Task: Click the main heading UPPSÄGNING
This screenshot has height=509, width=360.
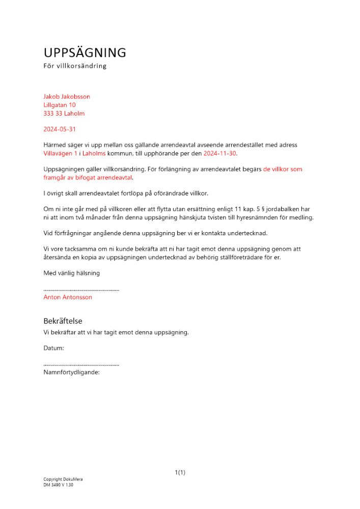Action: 85,53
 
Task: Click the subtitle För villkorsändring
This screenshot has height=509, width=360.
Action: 75,66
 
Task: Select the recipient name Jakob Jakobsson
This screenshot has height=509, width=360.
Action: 67,97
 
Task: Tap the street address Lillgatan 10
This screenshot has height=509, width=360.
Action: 60,105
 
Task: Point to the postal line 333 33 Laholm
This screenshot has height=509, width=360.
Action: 64,114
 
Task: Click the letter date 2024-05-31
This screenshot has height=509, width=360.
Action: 60,129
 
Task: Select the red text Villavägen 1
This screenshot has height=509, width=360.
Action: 61,153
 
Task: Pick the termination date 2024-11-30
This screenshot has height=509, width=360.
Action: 220,153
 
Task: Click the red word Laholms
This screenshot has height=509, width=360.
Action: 94,153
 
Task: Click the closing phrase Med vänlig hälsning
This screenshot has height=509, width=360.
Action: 72,273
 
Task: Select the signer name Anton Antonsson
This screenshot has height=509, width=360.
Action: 68,297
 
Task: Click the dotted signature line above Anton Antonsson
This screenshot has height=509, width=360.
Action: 81,290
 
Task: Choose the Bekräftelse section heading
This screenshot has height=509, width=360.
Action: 63,321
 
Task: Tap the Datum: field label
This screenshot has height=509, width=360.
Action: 54,348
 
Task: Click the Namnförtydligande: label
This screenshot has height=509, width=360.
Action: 71,372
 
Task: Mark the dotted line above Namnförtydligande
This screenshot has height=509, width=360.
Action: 81,365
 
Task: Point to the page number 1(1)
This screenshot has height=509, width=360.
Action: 180,472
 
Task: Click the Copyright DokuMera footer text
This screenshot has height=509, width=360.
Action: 63,479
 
